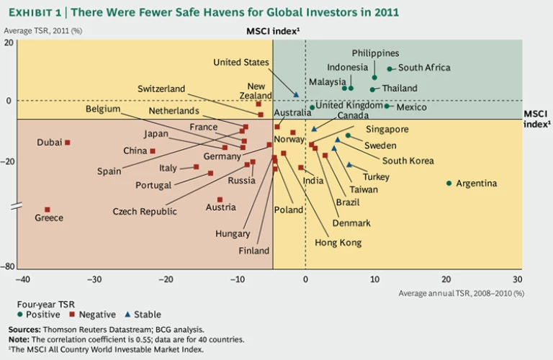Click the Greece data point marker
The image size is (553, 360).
click(x=48, y=210)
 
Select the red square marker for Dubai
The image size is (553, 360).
click(x=68, y=143)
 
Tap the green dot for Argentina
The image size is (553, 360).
click(x=449, y=183)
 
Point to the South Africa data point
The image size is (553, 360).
click(x=390, y=69)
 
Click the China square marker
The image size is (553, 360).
click(x=153, y=151)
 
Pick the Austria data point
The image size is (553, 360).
click(x=220, y=199)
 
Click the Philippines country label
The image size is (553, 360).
click(x=375, y=53)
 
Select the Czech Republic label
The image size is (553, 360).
click(x=145, y=212)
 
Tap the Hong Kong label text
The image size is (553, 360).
click(x=338, y=243)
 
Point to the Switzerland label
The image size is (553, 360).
click(x=161, y=89)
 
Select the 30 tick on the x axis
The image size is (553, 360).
click(x=517, y=279)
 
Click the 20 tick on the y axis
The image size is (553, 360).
click(x=9, y=42)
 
